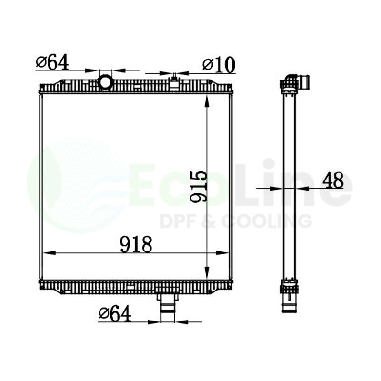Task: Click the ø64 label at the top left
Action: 52,62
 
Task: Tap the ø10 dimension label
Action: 219,65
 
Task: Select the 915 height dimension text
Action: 199,187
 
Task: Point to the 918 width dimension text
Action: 136,244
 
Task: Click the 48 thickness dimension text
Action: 333,180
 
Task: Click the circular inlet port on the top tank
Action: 105,82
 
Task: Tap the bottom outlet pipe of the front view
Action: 168,306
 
